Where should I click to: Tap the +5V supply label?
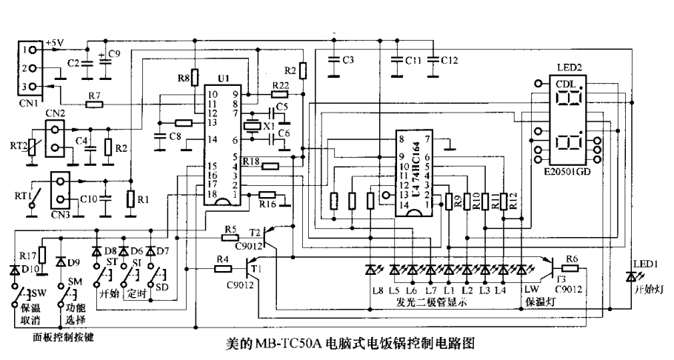[x=56, y=43]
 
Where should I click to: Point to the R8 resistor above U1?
[x=195, y=76]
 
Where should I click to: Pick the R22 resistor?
[x=280, y=94]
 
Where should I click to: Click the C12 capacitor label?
[x=450, y=59]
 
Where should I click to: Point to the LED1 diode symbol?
[x=631, y=276]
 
